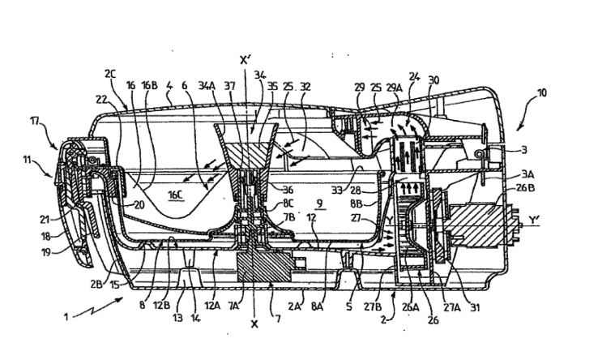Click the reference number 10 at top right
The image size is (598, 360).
tap(542, 92)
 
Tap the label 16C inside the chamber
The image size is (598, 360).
tap(176, 195)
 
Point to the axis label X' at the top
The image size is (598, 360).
tap(246, 60)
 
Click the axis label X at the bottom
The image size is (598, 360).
tap(254, 324)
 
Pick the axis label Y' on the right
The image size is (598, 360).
tap(534, 221)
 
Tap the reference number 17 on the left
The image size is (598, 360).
tap(35, 122)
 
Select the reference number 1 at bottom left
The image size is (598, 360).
tap(66, 316)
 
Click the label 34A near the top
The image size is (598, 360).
tap(207, 86)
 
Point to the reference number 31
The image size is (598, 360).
tap(474, 307)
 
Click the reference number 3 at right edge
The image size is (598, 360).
tap(524, 150)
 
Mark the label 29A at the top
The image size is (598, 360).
tap(395, 88)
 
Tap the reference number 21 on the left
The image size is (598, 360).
tap(45, 220)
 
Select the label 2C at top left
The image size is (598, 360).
tap(110, 73)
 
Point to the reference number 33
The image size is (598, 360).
tap(337, 190)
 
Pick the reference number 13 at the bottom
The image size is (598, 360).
tap(177, 318)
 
